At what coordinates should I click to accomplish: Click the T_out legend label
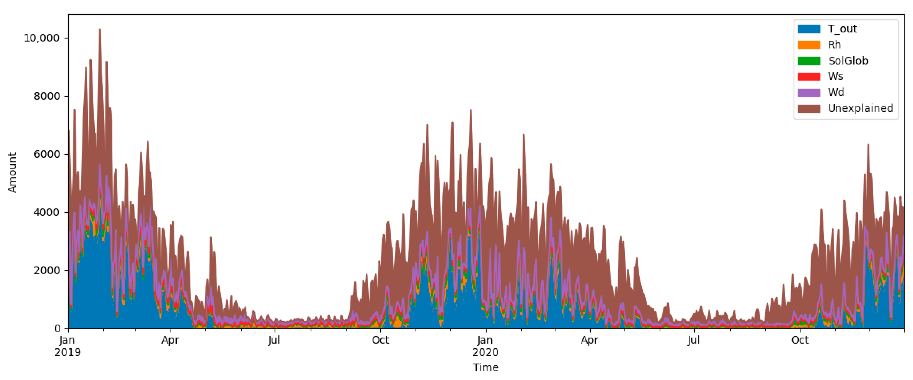[x=842, y=29]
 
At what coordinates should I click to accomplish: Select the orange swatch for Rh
[x=809, y=45]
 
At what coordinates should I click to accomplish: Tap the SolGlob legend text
[x=848, y=61]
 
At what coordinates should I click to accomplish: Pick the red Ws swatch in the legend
[x=809, y=77]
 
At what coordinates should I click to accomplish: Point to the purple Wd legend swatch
[x=809, y=92]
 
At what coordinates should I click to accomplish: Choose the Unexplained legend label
[x=860, y=108]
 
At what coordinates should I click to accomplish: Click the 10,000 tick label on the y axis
[x=41, y=38]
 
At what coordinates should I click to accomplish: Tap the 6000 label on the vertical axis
[x=47, y=154]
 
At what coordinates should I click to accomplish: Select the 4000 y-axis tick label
[x=47, y=212]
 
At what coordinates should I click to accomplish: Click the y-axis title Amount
[x=12, y=172]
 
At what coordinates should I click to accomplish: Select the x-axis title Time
[x=486, y=367]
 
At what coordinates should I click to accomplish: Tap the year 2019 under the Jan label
[x=68, y=352]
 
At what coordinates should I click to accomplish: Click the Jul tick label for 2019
[x=274, y=340]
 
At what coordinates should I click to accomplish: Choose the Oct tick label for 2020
[x=800, y=340]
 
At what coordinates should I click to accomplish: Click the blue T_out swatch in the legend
[x=809, y=29]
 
